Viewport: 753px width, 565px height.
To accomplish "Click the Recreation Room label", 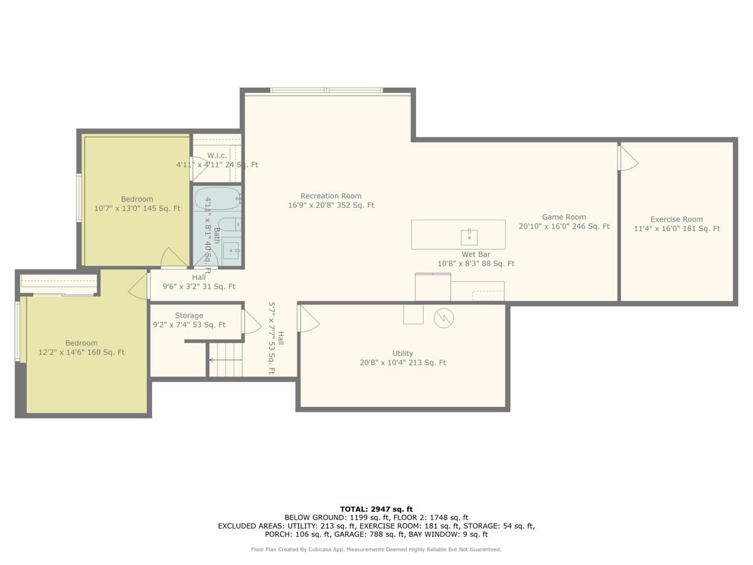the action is (x=331, y=196).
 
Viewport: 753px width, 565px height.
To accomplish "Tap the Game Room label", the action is (x=563, y=217).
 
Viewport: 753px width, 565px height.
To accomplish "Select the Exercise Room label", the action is (x=676, y=219).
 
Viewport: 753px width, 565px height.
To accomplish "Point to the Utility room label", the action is (x=402, y=353).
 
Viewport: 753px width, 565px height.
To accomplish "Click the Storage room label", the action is (x=189, y=316).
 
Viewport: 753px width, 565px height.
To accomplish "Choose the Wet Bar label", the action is (x=476, y=254).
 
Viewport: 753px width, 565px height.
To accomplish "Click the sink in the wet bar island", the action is (x=469, y=237).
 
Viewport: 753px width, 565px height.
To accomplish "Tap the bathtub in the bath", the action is (x=218, y=198).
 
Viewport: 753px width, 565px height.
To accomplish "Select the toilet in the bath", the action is (x=230, y=224).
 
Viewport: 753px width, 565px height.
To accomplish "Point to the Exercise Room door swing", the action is (x=627, y=158).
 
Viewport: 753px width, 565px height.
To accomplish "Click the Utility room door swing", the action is (x=309, y=318).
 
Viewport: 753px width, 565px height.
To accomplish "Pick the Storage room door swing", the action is (x=252, y=321).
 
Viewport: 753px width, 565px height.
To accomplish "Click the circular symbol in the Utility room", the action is (x=444, y=318).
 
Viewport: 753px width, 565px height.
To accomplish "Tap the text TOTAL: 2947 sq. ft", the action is (x=376, y=509).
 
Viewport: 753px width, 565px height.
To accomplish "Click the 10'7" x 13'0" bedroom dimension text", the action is (x=137, y=208).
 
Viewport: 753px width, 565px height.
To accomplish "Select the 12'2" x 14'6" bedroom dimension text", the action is (x=82, y=352).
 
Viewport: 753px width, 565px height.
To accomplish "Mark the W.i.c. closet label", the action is (x=217, y=156).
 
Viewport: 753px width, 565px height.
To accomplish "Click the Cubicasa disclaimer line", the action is (x=376, y=549).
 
